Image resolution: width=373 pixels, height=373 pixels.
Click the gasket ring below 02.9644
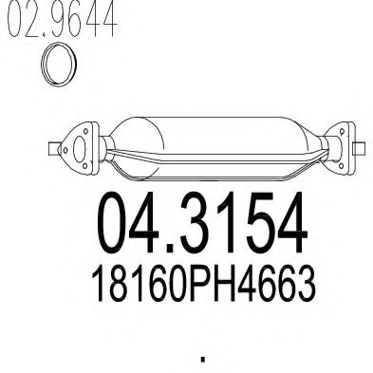(x=43, y=65)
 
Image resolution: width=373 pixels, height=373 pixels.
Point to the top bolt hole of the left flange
(x=85, y=131)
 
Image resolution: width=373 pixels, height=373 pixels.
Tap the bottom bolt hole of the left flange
(x=84, y=165)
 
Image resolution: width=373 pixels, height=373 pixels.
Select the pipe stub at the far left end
(x=54, y=149)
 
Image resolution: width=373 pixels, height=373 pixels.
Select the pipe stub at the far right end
(x=360, y=149)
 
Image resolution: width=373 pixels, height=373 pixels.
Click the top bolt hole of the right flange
(x=342, y=131)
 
